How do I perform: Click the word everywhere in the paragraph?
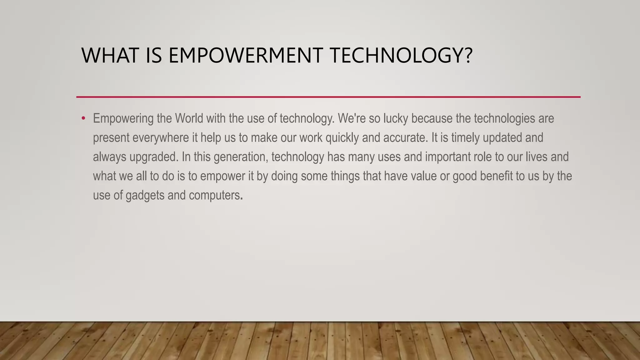[161, 138]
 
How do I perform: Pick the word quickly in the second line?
[342, 138]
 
